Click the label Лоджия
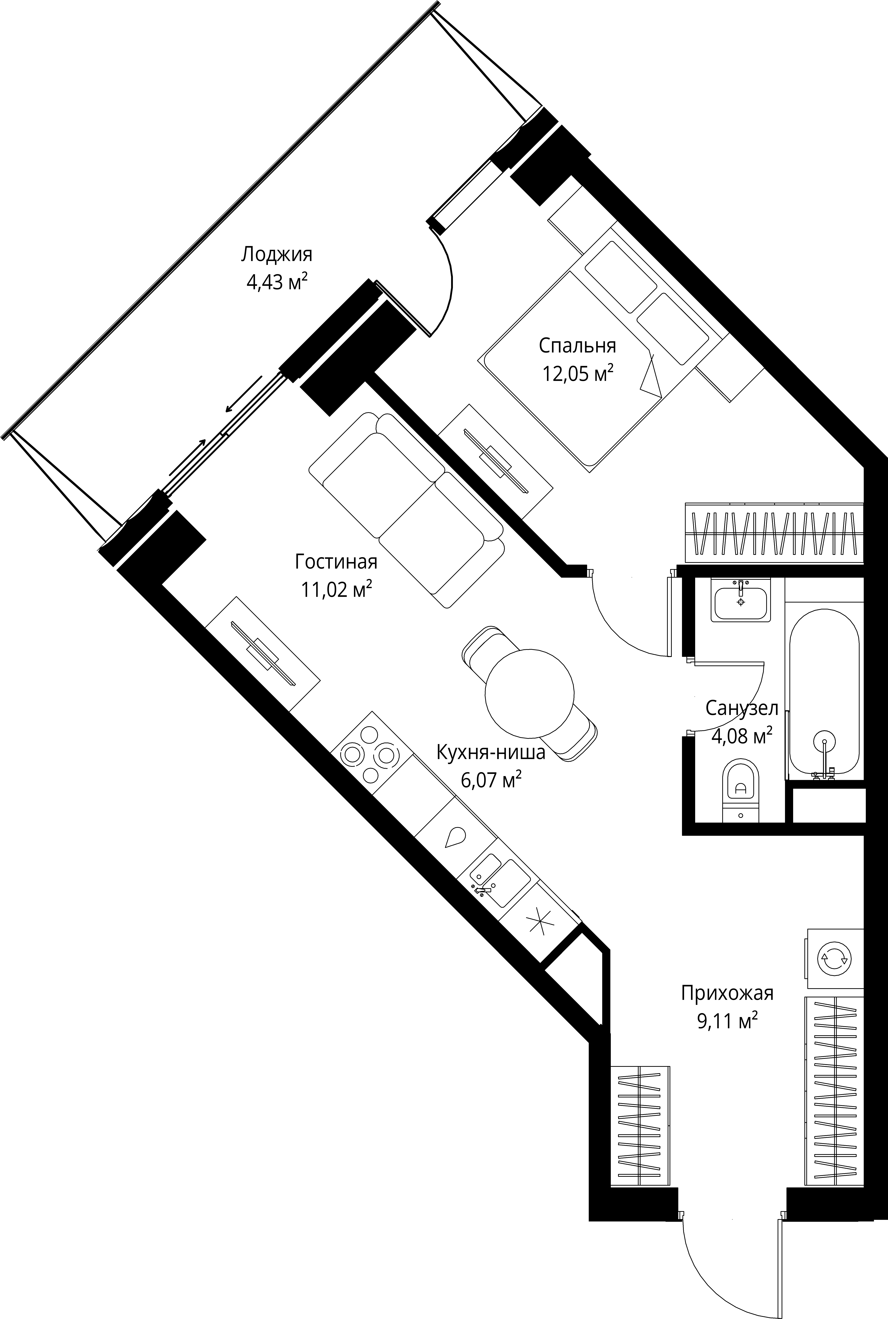(x=276, y=254)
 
